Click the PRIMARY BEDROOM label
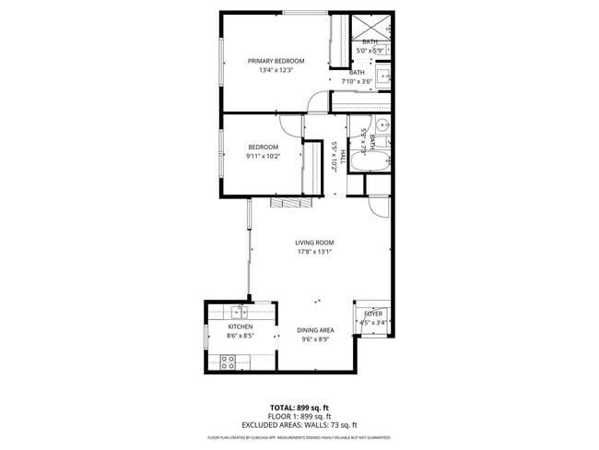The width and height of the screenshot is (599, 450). [276, 61]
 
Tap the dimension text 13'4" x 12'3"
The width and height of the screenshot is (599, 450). [276, 71]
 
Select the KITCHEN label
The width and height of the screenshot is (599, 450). [241, 327]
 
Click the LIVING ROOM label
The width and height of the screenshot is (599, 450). [314, 242]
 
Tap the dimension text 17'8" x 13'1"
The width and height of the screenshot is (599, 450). [314, 252]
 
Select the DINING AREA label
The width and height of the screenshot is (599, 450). [315, 330]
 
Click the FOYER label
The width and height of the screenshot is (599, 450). [372, 314]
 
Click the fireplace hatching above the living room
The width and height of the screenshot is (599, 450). [286, 203]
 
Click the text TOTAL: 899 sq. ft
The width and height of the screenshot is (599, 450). [299, 408]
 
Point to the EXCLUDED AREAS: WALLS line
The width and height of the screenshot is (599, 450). [299, 424]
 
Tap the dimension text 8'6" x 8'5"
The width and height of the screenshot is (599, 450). [241, 337]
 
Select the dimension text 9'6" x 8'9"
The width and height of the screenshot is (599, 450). [315, 339]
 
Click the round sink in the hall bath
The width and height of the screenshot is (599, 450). [382, 125]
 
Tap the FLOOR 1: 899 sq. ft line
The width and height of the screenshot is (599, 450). [299, 416]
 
